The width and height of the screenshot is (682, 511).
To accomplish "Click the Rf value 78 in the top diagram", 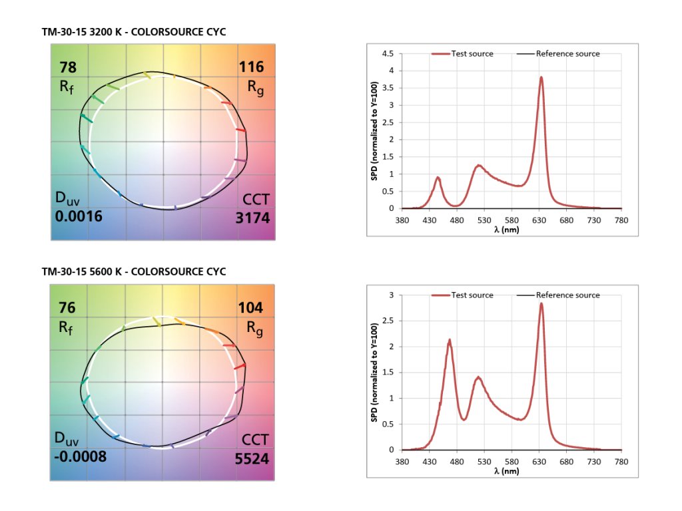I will [x=68, y=67].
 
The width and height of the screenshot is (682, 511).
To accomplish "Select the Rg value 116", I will [x=251, y=67].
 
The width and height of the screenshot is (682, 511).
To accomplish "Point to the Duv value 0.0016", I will [x=79, y=217].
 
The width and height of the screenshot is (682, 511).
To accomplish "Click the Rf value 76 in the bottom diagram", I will [x=68, y=308].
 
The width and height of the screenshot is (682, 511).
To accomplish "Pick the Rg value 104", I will [x=251, y=308].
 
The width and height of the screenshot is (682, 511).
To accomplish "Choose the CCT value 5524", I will [x=251, y=458].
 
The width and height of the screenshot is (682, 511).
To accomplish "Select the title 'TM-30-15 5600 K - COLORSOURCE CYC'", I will [x=133, y=271].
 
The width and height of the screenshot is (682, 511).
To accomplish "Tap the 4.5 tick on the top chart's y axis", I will [x=388, y=53].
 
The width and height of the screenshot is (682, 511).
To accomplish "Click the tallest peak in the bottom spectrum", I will [x=541, y=304].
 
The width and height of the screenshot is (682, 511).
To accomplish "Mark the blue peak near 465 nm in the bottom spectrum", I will [x=450, y=341].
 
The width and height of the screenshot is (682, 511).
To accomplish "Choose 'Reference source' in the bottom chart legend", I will [x=567, y=295].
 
